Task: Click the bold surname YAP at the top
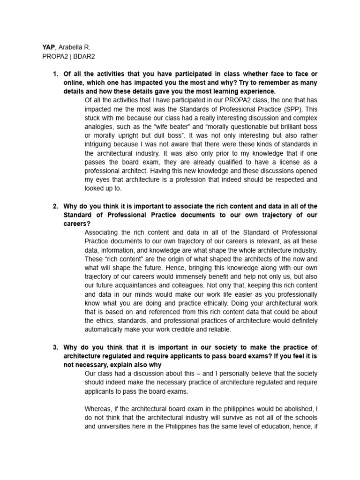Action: (49, 47)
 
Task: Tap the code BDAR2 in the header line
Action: (82, 56)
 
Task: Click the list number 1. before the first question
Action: (55, 74)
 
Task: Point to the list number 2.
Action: (55, 206)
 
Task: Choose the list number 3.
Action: (55, 347)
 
